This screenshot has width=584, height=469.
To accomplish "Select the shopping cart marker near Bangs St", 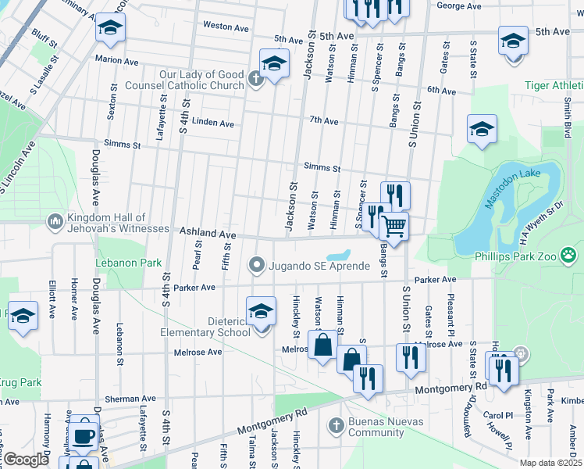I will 394,227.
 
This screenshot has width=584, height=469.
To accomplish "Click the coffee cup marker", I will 84,435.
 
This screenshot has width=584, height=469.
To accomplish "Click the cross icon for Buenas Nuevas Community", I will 336,427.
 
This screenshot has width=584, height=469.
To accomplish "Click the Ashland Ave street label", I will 208,233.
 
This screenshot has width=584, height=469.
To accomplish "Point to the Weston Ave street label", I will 226,26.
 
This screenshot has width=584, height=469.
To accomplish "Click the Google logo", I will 27,459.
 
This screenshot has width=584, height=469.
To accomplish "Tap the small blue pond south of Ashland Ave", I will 338,256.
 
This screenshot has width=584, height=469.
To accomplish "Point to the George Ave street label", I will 459,5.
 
